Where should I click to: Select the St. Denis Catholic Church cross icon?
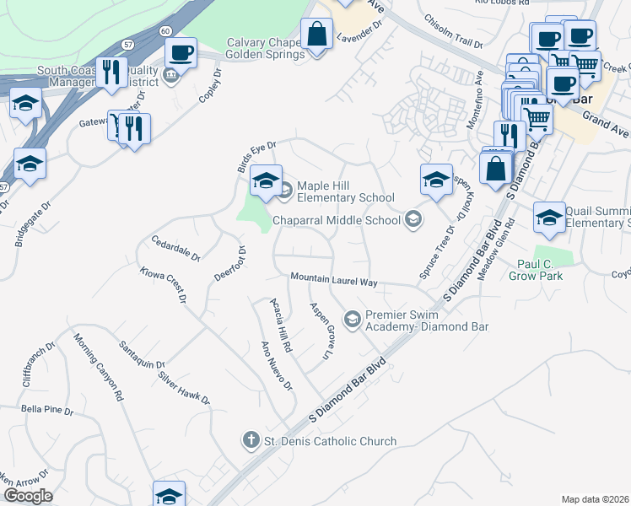(x=251, y=440)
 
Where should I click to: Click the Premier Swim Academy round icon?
(x=352, y=319)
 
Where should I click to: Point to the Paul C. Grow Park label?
(x=547, y=268)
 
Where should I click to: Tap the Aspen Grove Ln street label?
(x=319, y=331)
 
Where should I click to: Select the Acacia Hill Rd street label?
(x=280, y=324)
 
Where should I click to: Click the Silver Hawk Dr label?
(x=183, y=387)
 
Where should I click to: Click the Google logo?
(x=28, y=496)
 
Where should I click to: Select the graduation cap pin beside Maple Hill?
(x=265, y=180)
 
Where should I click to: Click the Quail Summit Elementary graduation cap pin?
(x=549, y=217)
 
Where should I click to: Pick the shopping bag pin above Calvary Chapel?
(x=316, y=35)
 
